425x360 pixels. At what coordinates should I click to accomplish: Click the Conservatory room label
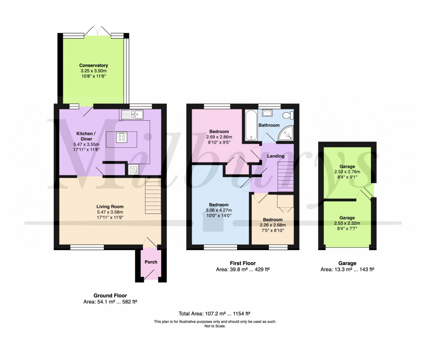click(x=94, y=65)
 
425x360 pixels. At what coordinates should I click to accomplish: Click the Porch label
click(x=151, y=262)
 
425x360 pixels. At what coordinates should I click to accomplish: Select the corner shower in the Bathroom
click(x=286, y=133)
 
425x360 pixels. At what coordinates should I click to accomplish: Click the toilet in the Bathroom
click(x=287, y=116)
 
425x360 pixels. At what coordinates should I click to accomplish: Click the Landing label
click(x=276, y=156)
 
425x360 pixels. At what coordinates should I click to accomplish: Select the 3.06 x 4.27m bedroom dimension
click(x=218, y=211)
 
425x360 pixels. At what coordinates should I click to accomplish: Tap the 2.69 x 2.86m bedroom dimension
click(x=218, y=137)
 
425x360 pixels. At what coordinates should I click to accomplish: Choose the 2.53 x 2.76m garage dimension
click(x=347, y=171)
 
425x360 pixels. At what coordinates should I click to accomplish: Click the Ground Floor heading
click(x=110, y=295)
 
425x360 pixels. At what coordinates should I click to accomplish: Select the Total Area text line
click(x=215, y=314)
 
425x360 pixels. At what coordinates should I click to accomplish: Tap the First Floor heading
click(x=242, y=263)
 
